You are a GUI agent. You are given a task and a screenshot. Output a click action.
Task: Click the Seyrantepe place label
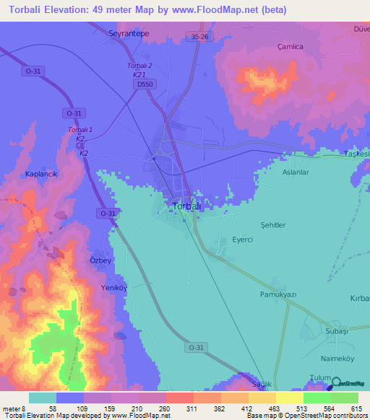128,33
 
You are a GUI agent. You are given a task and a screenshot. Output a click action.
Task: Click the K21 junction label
139,74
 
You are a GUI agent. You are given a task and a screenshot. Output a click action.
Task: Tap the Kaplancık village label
40,175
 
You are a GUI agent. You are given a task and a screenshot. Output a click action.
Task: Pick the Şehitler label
273,225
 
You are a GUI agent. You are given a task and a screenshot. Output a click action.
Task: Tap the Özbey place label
100,261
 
